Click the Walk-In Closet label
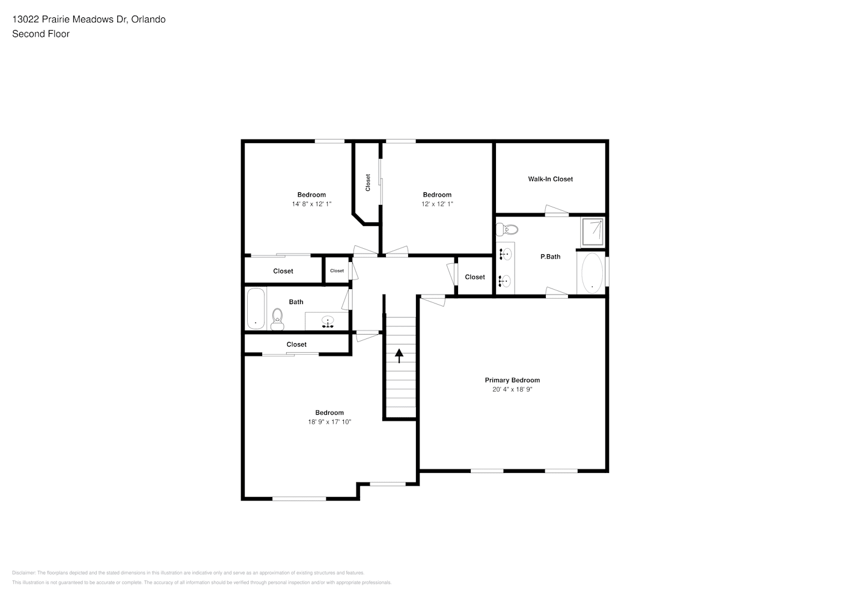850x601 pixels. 550,179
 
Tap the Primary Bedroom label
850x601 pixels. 512,380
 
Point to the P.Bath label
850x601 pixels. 550,257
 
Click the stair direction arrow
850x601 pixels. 399,356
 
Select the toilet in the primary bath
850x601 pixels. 507,229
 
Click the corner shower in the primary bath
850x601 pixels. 592,231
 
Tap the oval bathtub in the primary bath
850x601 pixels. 592,273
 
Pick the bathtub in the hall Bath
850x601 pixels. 255,308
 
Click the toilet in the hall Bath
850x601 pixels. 277,320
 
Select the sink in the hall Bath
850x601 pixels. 328,322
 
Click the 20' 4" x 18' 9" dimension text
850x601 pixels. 512,389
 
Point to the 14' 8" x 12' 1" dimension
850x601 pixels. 311,204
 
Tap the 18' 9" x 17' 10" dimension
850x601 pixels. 329,422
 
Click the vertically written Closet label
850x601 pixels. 368,183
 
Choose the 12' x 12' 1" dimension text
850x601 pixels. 437,204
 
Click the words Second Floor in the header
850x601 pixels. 41,34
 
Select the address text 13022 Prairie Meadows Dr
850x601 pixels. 70,19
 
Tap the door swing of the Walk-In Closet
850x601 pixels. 557,210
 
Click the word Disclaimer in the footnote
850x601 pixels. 23,573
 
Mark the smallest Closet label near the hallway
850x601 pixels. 337,271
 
